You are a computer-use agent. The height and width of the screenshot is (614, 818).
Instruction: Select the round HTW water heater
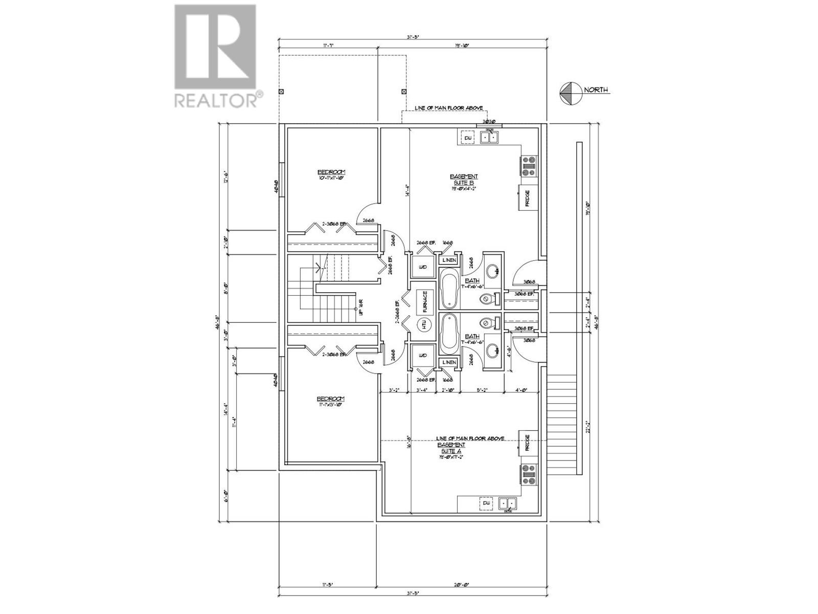click(424, 324)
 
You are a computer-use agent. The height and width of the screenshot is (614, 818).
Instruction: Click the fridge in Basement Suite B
click(527, 199)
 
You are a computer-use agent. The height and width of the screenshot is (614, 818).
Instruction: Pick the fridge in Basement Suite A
click(527, 442)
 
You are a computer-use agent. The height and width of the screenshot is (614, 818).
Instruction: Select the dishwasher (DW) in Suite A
click(486, 504)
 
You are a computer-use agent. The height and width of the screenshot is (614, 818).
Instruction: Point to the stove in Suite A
click(528, 475)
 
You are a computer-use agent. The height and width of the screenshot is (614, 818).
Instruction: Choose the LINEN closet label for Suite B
click(449, 261)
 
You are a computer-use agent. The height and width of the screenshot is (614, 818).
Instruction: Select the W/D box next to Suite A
click(422, 356)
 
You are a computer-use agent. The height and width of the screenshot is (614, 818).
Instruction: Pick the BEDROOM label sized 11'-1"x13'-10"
click(330, 399)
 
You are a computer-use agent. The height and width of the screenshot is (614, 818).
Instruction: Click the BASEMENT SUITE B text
click(464, 180)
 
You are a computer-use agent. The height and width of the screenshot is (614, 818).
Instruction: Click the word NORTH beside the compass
click(596, 90)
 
